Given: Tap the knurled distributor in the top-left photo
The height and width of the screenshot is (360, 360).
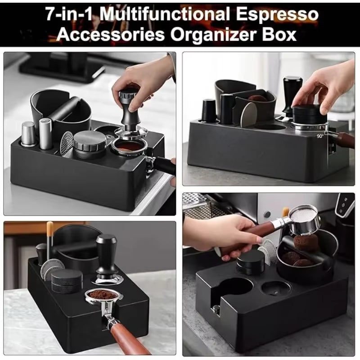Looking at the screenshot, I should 90,142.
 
